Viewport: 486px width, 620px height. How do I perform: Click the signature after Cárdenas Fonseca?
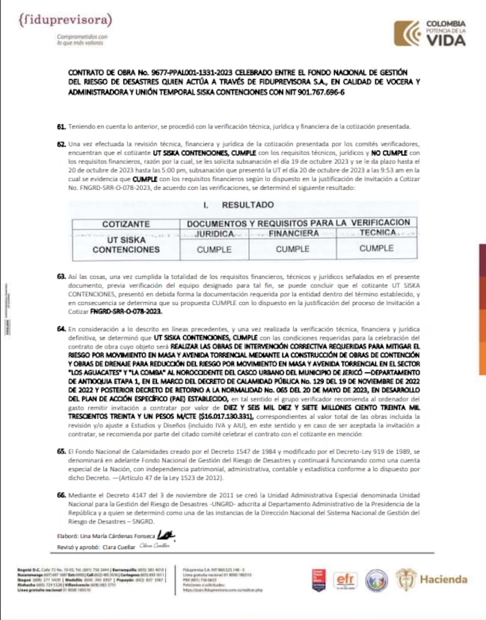point(170,533)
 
